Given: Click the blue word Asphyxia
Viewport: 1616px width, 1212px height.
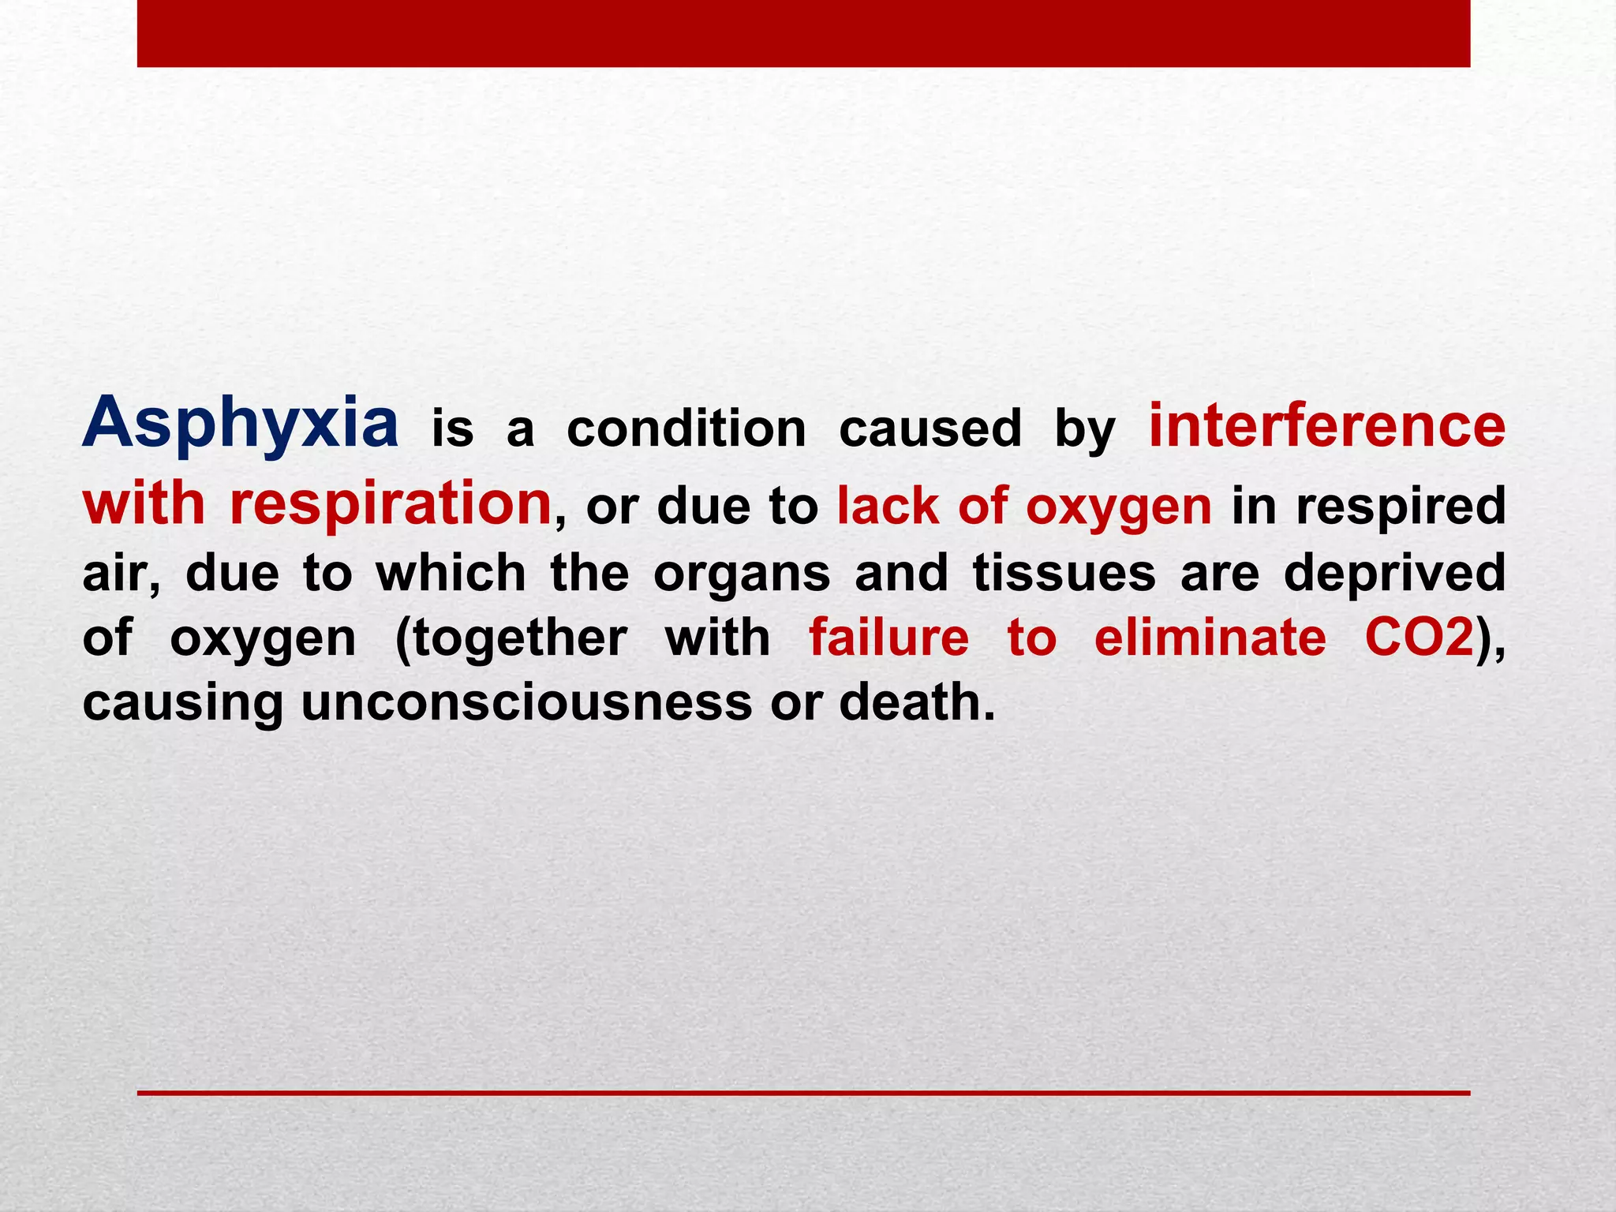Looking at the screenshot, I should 241,424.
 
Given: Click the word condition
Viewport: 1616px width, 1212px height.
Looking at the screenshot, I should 686,429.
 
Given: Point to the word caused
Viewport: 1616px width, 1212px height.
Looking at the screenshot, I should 930,429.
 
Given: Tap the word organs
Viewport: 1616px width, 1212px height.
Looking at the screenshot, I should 742,574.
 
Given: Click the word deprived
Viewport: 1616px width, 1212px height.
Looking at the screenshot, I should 1394,574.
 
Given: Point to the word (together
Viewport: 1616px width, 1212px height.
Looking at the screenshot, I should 511,639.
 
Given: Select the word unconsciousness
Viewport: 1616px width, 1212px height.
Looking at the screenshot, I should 526,702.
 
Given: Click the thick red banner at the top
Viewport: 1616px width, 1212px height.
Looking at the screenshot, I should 803,33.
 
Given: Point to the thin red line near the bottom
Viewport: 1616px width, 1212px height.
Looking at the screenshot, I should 803,1093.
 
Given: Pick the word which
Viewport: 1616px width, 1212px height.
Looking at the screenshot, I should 451,573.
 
